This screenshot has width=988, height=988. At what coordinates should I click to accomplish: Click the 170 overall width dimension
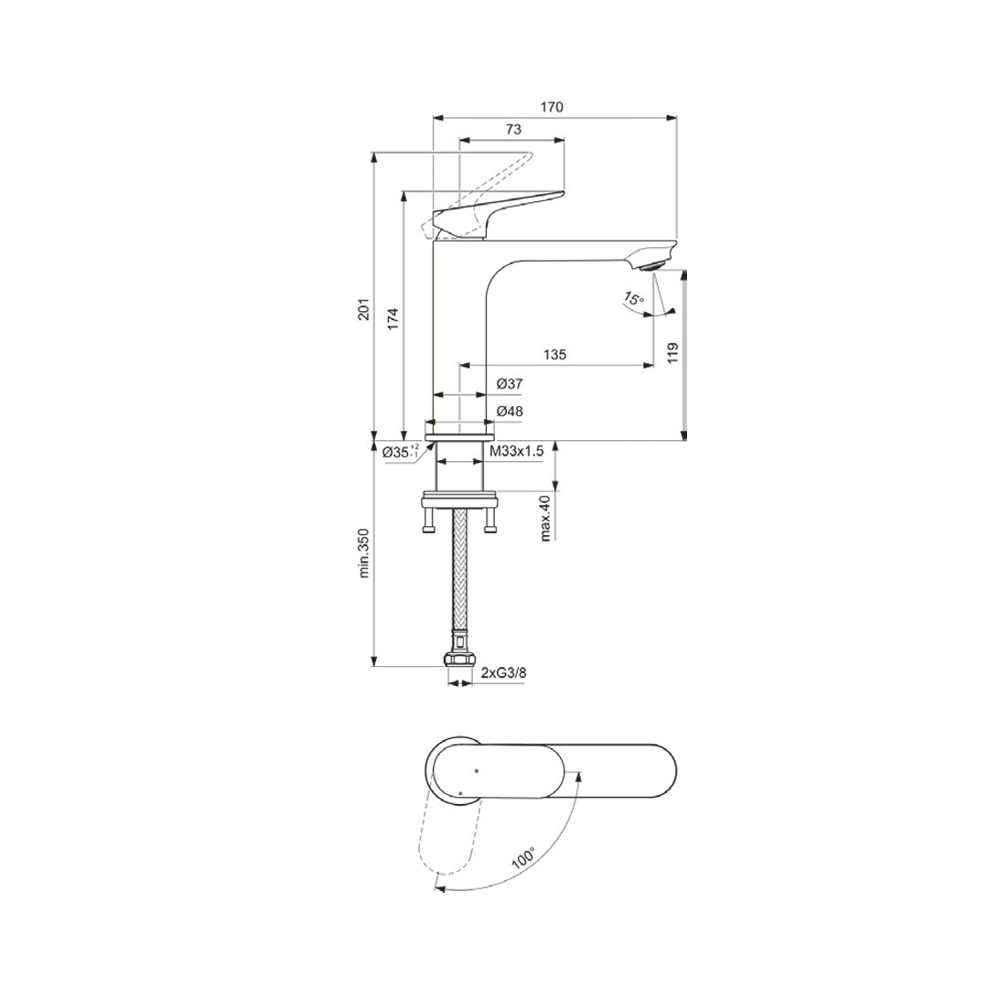(x=551, y=107)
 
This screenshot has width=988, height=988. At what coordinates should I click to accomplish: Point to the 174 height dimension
(x=392, y=317)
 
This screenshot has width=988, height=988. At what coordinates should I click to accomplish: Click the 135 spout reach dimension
(x=555, y=354)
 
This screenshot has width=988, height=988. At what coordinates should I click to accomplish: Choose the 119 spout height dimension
(x=672, y=352)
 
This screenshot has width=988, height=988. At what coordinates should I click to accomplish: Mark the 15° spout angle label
(x=634, y=298)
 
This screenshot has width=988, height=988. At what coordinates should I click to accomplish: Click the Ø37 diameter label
(x=510, y=384)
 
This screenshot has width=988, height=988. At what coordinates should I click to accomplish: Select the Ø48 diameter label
(x=510, y=412)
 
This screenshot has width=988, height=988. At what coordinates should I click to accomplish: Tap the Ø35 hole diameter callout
(x=400, y=451)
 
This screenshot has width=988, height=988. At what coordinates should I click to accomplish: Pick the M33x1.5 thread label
(x=517, y=451)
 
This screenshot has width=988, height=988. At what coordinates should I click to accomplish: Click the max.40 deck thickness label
(x=545, y=517)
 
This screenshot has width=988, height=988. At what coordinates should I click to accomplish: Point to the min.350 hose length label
(x=363, y=553)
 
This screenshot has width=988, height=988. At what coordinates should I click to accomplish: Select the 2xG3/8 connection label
(x=504, y=674)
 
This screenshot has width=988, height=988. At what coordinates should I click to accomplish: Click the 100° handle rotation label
(x=523, y=858)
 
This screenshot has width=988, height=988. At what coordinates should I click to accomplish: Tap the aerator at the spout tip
(x=649, y=266)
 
